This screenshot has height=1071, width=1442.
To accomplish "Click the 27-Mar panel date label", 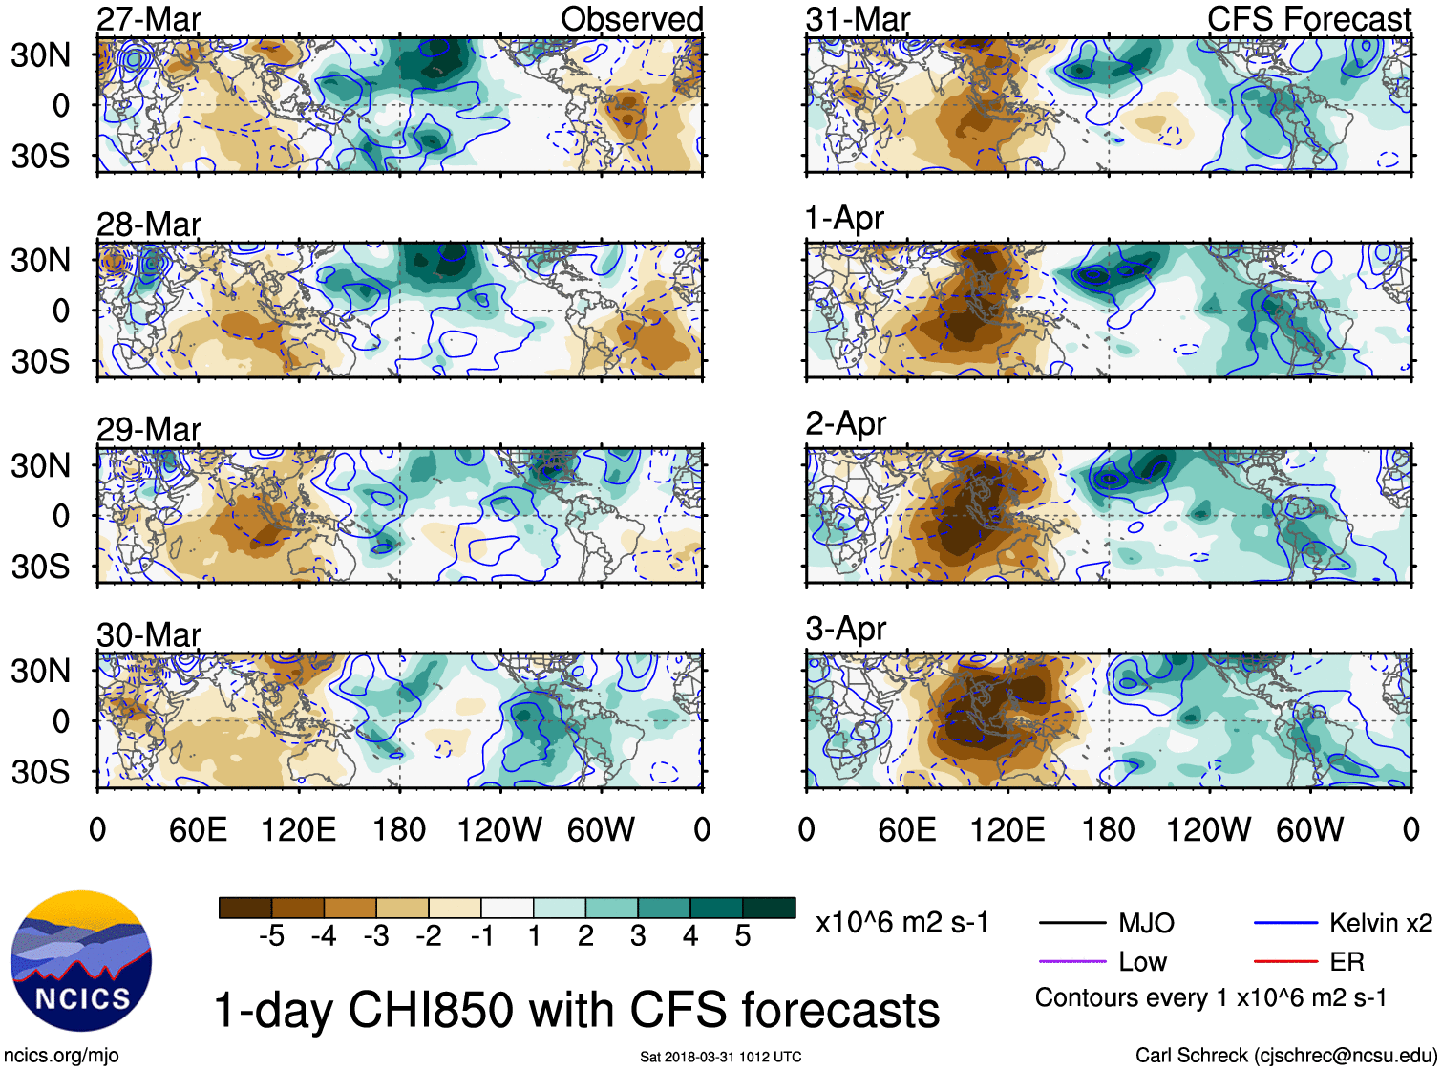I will [149, 19].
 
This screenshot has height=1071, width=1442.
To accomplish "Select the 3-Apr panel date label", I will [845, 629].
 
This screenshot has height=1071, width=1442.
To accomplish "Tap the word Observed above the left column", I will [631, 19].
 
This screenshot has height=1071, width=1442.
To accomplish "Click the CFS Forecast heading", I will [1308, 19].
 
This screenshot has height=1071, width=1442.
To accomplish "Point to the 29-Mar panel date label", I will [149, 430].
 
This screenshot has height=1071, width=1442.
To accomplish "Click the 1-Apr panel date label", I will [844, 218].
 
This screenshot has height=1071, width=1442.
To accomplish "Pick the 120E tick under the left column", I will [298, 829].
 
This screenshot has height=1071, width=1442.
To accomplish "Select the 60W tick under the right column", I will [1309, 829].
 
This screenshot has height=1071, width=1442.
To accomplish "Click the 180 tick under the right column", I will [1108, 829].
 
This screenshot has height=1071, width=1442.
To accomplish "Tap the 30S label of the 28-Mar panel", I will [40, 361].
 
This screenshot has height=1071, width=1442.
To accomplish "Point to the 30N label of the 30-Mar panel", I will [40, 671].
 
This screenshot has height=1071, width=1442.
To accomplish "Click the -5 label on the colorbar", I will [271, 936].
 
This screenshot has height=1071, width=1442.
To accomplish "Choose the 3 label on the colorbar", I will [638, 936].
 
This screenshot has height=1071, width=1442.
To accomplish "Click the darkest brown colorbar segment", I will [244, 908].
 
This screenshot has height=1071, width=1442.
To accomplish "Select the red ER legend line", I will [1285, 961].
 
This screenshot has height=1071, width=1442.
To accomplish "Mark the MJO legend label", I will [1146, 923].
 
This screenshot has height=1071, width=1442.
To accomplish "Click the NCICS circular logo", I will [81, 961].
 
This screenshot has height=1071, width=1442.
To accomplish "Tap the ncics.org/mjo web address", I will [61, 1055].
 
